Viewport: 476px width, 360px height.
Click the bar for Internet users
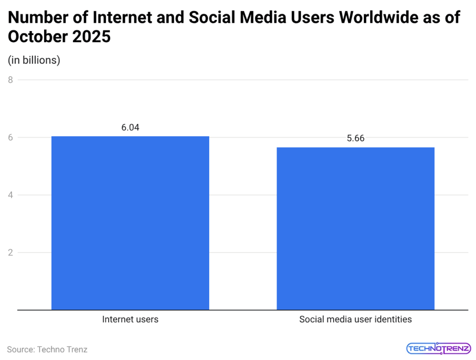click(x=130, y=223)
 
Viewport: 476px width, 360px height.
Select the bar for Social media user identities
click(x=356, y=228)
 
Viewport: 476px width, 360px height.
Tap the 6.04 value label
click(x=130, y=127)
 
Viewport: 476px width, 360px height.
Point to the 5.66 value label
click(x=356, y=138)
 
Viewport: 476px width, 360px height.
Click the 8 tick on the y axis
click(x=10, y=80)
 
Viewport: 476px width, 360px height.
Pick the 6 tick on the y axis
click(x=10, y=137)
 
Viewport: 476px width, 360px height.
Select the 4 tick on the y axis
click(x=10, y=195)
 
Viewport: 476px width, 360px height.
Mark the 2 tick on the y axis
click(x=10, y=253)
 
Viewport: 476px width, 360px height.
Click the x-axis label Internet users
click(x=130, y=320)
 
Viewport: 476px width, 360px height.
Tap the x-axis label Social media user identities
click(x=356, y=320)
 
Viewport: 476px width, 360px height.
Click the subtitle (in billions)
click(x=34, y=60)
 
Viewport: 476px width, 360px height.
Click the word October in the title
click(x=38, y=37)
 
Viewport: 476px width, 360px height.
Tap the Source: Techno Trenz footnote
click(x=47, y=349)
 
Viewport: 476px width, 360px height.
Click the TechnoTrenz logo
click(x=439, y=348)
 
